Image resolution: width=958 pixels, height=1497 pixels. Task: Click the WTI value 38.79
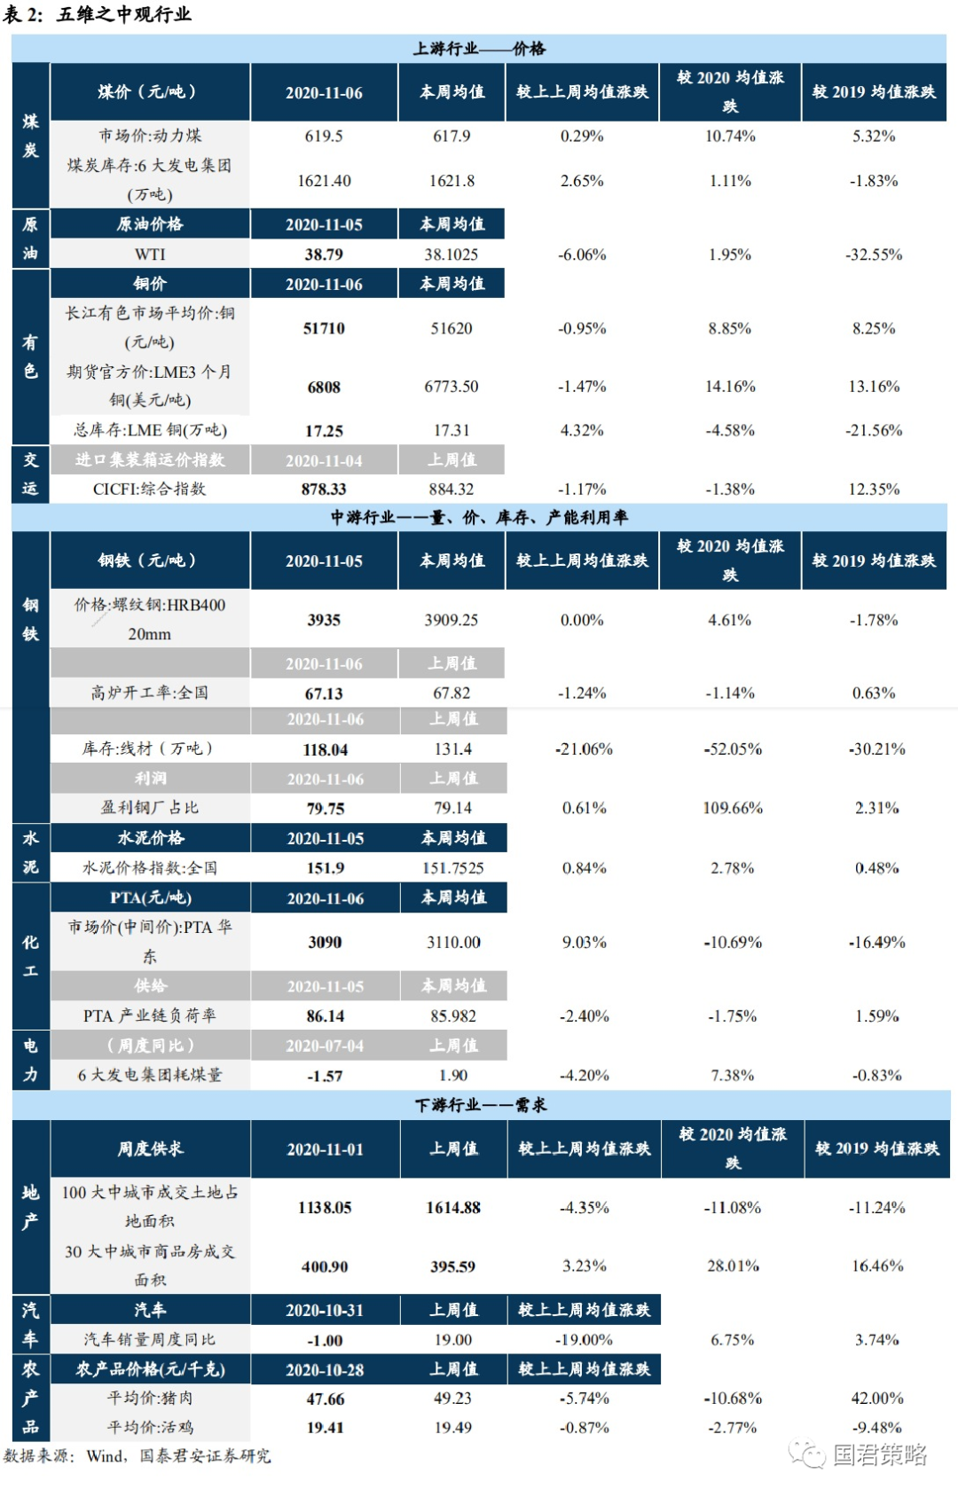click(324, 255)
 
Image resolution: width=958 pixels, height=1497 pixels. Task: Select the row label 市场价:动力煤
click(150, 136)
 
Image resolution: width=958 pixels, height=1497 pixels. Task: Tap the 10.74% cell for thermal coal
click(730, 137)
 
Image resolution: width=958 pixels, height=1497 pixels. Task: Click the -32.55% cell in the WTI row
click(873, 255)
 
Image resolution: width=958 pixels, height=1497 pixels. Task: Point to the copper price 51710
click(324, 328)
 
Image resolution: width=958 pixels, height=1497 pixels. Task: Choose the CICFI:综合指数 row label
click(149, 490)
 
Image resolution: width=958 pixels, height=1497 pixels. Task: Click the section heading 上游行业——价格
click(479, 48)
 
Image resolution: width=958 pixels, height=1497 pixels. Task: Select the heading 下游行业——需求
click(481, 1105)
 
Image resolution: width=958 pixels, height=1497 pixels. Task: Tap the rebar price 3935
click(324, 620)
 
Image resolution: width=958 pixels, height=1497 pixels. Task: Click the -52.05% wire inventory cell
click(733, 749)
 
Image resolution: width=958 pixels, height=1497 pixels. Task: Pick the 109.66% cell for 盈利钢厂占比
click(733, 808)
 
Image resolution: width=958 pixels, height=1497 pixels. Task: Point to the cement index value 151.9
click(326, 868)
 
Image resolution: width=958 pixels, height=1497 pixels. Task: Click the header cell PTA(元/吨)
click(151, 897)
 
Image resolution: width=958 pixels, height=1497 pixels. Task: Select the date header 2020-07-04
click(325, 1046)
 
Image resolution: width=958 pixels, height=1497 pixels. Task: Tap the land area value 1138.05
click(325, 1208)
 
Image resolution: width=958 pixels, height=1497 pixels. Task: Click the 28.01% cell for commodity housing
click(733, 1266)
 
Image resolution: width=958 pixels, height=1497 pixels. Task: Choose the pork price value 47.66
click(325, 1399)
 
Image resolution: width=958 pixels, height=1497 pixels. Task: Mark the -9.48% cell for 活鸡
click(876, 1428)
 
